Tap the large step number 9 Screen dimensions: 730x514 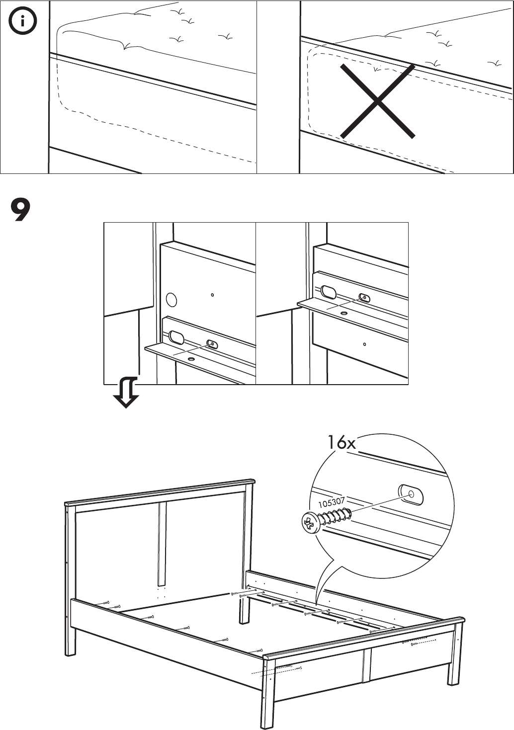pyautogui.click(x=20, y=210)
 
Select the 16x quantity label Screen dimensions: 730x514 pyautogui.click(x=341, y=442)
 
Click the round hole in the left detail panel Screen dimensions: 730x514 pyautogui.click(x=171, y=299)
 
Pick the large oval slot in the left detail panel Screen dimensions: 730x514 pyautogui.click(x=176, y=337)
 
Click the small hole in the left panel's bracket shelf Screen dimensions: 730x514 pyautogui.click(x=191, y=358)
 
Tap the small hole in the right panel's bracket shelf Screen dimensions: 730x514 pyautogui.click(x=344, y=314)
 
